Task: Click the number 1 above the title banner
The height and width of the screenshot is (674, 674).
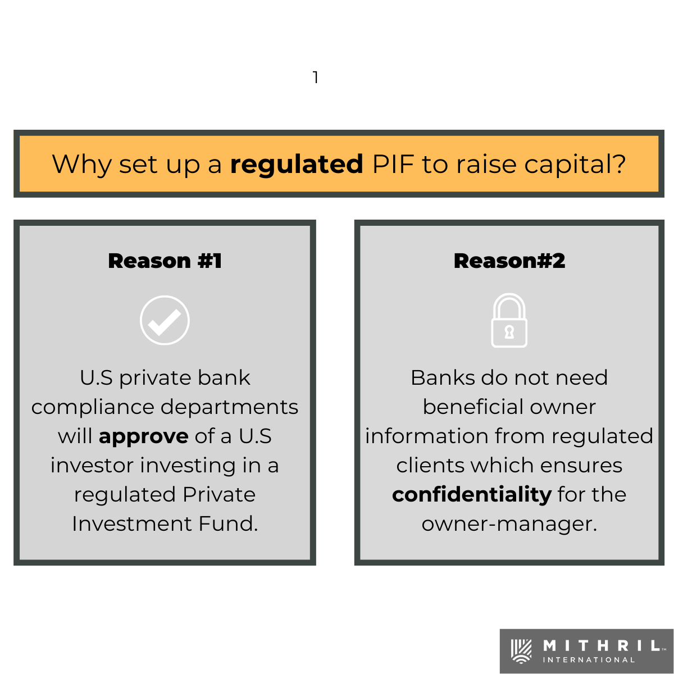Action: click(316, 78)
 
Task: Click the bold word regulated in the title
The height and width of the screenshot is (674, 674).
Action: click(297, 165)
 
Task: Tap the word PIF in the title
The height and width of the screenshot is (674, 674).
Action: click(393, 165)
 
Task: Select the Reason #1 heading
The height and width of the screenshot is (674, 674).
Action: click(165, 261)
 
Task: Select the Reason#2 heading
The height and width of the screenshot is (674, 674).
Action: click(509, 261)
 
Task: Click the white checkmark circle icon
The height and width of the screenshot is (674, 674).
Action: click(165, 320)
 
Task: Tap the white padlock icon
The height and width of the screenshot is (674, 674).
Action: click(509, 321)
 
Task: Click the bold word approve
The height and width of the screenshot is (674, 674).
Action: click(144, 437)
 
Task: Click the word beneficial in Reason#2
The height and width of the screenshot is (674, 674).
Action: click(474, 407)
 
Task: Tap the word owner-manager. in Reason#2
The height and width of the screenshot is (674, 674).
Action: click(509, 525)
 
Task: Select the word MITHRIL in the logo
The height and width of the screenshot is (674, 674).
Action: click(602, 646)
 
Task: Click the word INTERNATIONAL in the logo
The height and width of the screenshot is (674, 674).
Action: click(589, 660)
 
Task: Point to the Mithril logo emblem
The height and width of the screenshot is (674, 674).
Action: click(521, 651)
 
